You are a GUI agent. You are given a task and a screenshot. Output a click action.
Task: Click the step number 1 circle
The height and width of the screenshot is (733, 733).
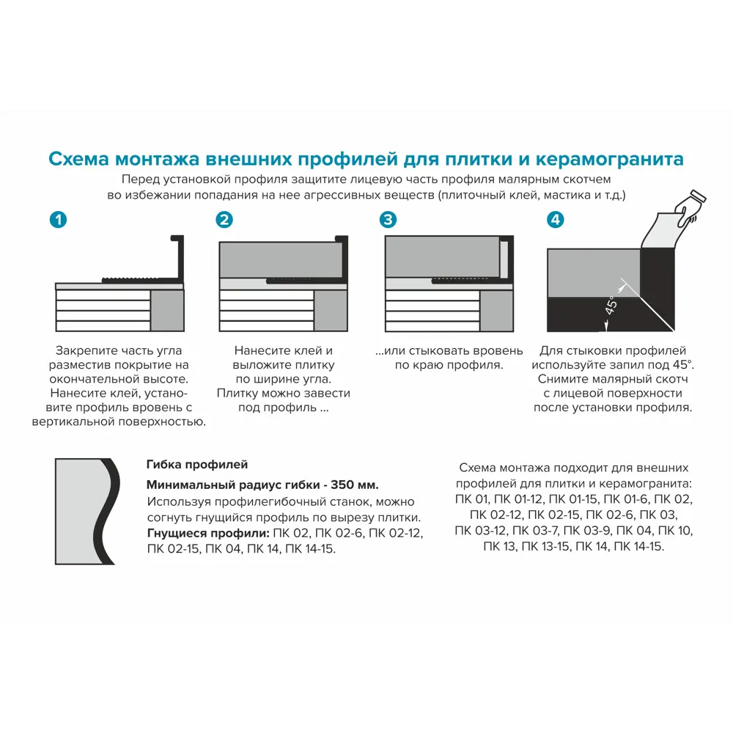[x=58, y=219]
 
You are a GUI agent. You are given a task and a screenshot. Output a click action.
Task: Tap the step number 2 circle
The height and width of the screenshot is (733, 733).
[x=224, y=219]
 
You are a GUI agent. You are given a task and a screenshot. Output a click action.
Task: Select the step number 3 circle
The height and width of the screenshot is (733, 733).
[x=388, y=219]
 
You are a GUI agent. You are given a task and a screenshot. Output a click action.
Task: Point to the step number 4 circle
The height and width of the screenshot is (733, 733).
[x=556, y=219]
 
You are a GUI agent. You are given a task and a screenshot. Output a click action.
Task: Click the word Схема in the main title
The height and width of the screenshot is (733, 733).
[x=78, y=159]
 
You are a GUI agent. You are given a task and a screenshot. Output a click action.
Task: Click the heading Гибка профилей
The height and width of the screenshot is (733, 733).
[x=197, y=465]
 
